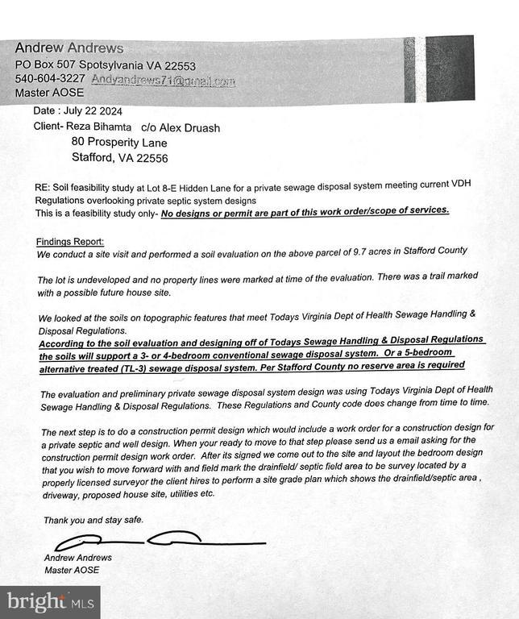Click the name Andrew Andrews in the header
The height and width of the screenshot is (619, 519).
[69, 48]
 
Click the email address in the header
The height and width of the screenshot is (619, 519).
[163, 80]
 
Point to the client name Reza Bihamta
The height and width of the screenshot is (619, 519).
[99, 127]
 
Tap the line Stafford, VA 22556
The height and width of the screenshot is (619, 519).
[120, 158]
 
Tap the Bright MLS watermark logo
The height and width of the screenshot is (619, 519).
[49, 601]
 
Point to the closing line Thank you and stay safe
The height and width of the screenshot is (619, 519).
[93, 520]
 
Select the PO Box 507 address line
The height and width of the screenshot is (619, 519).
[106, 65]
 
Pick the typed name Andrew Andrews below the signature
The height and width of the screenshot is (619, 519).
[78, 558]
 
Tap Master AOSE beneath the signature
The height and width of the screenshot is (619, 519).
[72, 571]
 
